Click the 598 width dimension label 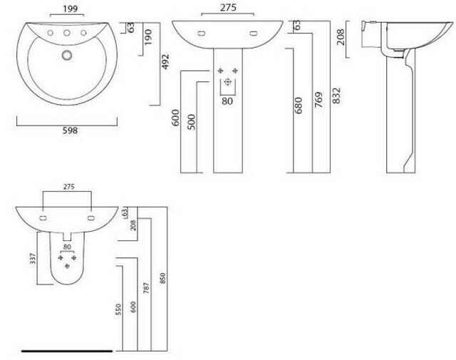click(x=70, y=130)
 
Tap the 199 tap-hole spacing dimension click(x=71, y=9)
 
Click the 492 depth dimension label click(x=165, y=62)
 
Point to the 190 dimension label click(x=148, y=36)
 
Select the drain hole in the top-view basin click(x=67, y=55)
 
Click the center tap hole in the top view click(x=67, y=33)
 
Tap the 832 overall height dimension click(x=336, y=96)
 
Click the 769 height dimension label click(x=318, y=100)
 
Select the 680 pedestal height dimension click(x=299, y=106)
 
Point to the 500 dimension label click(x=192, y=122)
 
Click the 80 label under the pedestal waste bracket click(x=227, y=101)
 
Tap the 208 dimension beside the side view click(x=341, y=37)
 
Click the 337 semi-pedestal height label click(x=33, y=259)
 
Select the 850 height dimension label click(x=162, y=278)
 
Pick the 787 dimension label click(x=146, y=287)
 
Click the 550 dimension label click(x=118, y=309)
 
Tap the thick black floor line click(x=67, y=351)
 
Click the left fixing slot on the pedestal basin click(x=200, y=34)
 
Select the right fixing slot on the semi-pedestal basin click(x=91, y=217)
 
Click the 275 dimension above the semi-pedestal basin click(x=69, y=187)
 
